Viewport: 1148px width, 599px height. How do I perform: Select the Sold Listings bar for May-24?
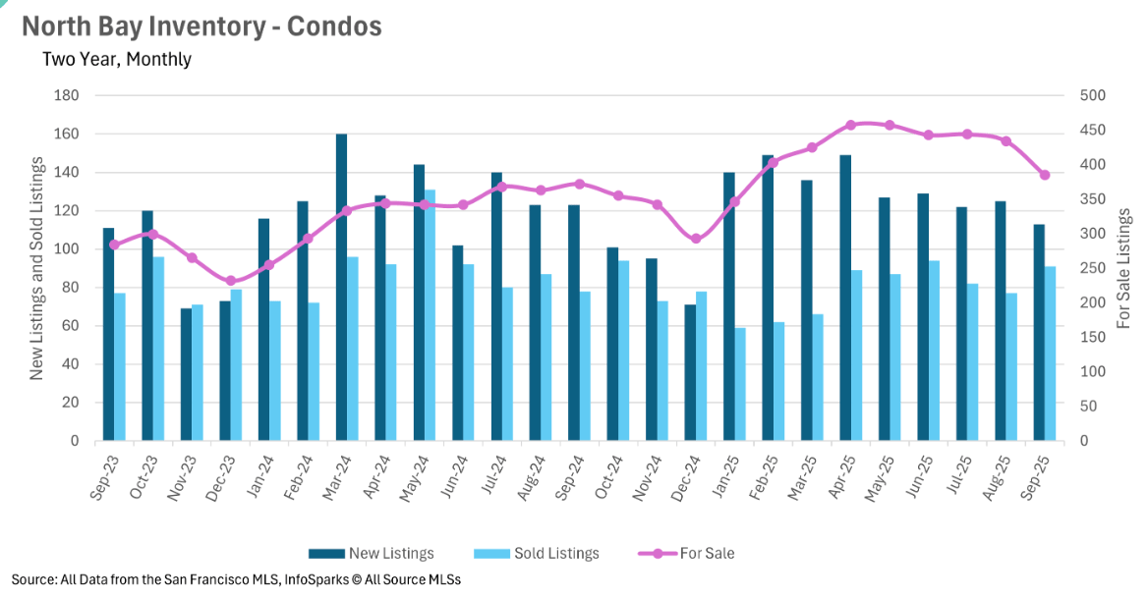pyautogui.click(x=430, y=315)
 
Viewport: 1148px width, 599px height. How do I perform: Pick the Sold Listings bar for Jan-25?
pyautogui.click(x=740, y=384)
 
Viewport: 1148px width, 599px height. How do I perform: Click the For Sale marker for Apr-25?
pyautogui.click(x=851, y=126)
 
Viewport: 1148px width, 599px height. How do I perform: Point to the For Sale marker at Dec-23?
pyautogui.click(x=231, y=281)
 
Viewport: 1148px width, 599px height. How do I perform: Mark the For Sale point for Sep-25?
pyautogui.click(x=1045, y=175)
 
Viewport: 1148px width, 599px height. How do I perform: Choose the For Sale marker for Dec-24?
pyautogui.click(x=696, y=239)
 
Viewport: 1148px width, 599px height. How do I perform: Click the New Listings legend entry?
pyautogui.click(x=371, y=553)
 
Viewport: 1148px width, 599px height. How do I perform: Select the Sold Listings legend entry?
pyautogui.click(x=535, y=553)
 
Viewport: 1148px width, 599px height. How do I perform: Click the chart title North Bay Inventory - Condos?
pyautogui.click(x=201, y=27)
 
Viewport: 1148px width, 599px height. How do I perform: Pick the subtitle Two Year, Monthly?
pyautogui.click(x=117, y=59)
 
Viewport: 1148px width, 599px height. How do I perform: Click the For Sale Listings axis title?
pyautogui.click(x=1124, y=267)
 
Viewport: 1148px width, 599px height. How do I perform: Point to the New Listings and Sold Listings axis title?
pyautogui.click(x=36, y=267)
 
